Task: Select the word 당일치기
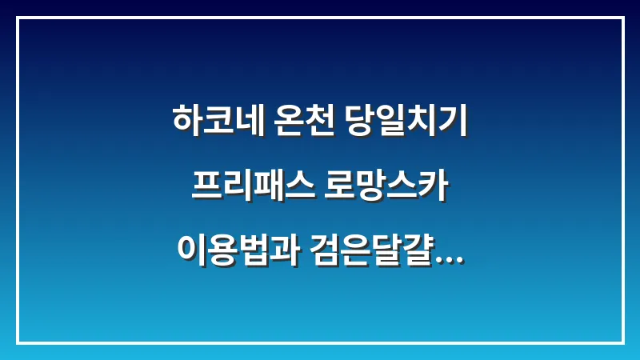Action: [x=406, y=121]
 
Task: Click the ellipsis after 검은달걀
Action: [x=450, y=259]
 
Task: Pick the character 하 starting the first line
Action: [x=186, y=121]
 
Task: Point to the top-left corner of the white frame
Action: [x=17, y=18]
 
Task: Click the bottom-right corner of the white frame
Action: [x=623, y=342]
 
